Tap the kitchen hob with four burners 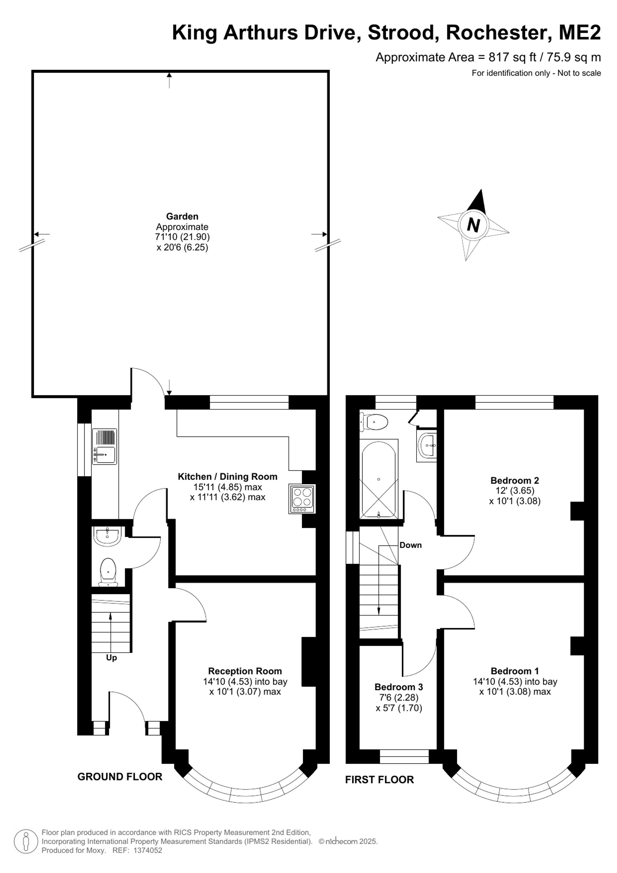[x=302, y=499]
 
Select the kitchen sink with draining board [x=105, y=446]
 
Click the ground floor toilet [x=108, y=572]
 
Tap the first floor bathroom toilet [x=374, y=422]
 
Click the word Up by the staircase [x=111, y=658]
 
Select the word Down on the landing [x=410, y=545]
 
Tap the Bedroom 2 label [x=515, y=480]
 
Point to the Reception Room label [x=245, y=671]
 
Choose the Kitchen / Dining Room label [x=228, y=476]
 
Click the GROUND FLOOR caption [x=120, y=777]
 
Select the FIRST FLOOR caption [x=379, y=779]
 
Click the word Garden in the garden [x=182, y=216]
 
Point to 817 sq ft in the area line [x=512, y=57]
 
